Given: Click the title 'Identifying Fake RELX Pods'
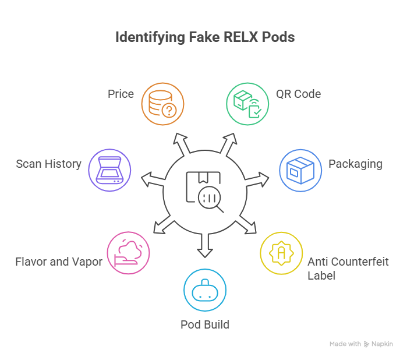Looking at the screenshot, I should (204, 37).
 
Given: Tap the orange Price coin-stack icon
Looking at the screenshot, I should (163, 104).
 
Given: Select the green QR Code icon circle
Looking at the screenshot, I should (247, 104).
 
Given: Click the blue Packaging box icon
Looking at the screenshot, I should (300, 171).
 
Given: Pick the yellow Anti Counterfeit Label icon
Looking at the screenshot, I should (281, 253).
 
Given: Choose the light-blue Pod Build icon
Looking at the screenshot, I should (204, 290).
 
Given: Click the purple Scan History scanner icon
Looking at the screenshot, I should (109, 171).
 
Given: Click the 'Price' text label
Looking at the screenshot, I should (121, 94).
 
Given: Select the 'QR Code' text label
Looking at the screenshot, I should (298, 94).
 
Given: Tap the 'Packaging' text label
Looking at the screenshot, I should (355, 164).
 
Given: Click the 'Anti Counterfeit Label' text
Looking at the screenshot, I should (348, 268).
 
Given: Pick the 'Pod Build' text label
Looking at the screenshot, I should (204, 324).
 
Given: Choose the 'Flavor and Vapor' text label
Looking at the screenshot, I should (59, 262).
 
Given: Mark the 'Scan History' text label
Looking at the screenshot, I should (49, 164).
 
